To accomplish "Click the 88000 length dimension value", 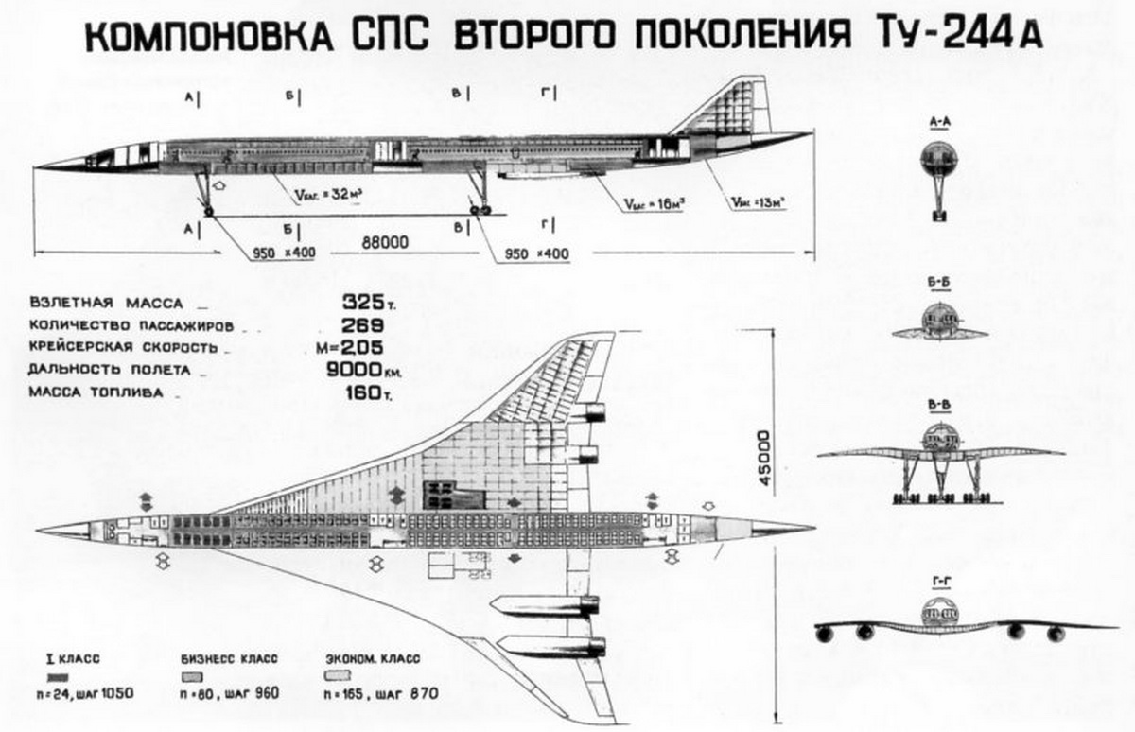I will (x=384, y=243).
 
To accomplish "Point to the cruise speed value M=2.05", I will (x=362, y=347).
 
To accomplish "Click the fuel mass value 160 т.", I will (x=363, y=391).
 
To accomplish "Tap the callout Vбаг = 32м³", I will (x=324, y=197).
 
